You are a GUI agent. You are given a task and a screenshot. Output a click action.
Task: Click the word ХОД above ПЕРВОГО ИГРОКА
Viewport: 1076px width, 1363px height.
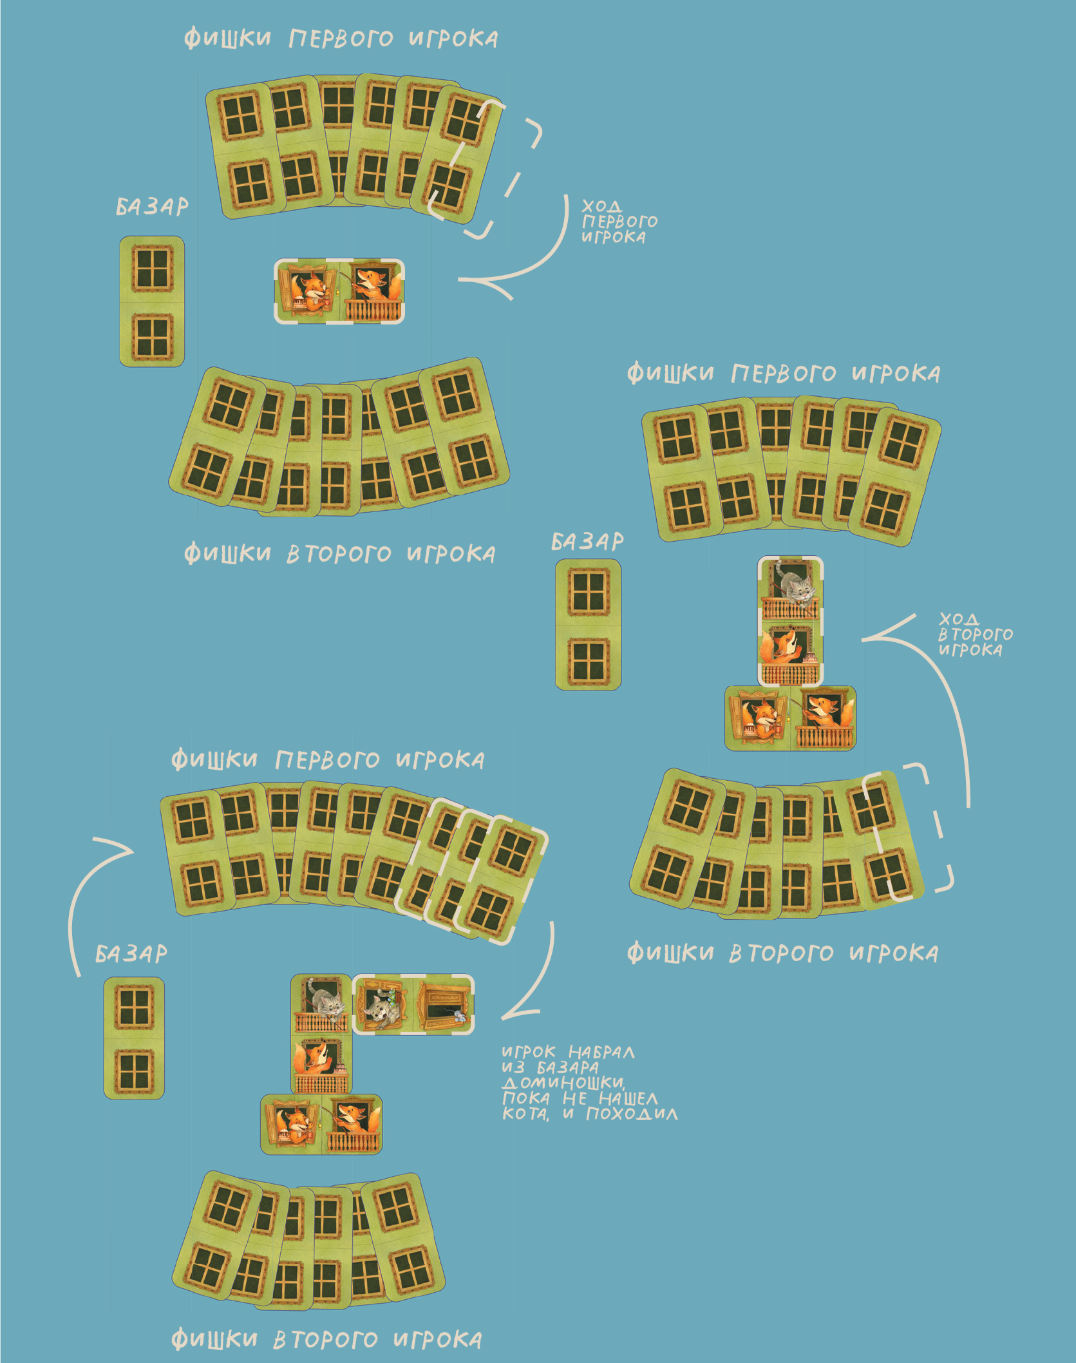(x=601, y=206)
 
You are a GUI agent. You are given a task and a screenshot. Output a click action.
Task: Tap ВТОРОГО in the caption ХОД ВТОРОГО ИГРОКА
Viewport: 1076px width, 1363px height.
(x=975, y=634)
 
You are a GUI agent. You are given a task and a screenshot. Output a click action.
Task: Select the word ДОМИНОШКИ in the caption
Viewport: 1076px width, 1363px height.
(x=563, y=1082)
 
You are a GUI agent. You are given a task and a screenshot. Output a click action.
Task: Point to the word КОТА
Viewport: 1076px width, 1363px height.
(x=525, y=1114)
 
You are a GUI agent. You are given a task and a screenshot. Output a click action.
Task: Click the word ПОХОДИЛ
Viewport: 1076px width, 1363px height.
(x=631, y=1114)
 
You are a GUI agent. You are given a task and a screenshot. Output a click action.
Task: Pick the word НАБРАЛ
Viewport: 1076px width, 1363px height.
(x=601, y=1053)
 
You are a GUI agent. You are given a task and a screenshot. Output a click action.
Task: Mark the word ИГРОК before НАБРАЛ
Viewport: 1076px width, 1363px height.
(x=528, y=1053)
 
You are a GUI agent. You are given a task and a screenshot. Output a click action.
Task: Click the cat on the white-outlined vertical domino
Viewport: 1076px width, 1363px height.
(x=796, y=587)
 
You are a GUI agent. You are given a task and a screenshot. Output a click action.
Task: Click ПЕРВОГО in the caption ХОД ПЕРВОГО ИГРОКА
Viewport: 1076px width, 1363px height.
(x=619, y=222)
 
